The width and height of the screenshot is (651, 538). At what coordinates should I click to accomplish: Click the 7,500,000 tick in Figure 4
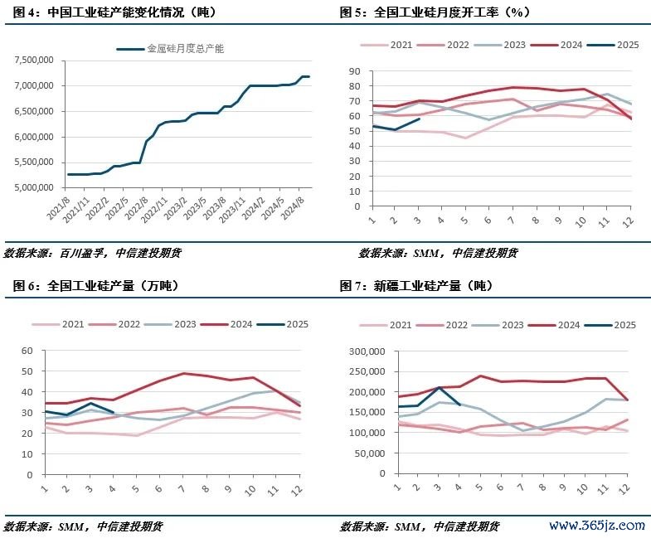34,61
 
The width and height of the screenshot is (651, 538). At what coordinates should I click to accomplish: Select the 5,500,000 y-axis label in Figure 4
34,162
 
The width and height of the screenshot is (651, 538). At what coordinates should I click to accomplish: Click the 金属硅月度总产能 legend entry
185,49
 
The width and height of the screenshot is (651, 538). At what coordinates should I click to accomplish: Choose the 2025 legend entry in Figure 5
627,45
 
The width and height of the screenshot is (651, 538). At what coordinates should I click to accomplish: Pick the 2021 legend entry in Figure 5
402,45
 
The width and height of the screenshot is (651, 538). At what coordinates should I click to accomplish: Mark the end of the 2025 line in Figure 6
114,412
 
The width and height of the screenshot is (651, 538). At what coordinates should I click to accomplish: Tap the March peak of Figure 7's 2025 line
440,388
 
